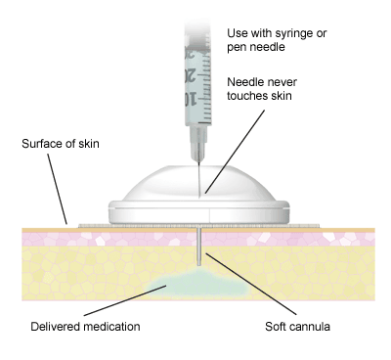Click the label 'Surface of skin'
click(x=61, y=144)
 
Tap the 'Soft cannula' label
click(x=297, y=327)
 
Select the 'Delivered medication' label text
click(x=85, y=327)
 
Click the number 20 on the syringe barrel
click(x=190, y=75)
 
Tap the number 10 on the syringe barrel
click(x=191, y=99)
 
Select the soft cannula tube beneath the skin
click(x=199, y=247)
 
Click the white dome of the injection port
click(x=198, y=183)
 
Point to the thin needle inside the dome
click(x=198, y=180)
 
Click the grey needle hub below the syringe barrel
click(x=198, y=143)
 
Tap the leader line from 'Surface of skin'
click(x=58, y=189)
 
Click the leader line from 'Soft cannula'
click(x=251, y=284)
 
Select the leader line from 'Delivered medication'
click(x=125, y=300)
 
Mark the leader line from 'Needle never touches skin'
click(x=235, y=152)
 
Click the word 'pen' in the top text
click(x=236, y=48)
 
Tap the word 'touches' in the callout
click(x=245, y=96)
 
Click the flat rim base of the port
click(x=198, y=212)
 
